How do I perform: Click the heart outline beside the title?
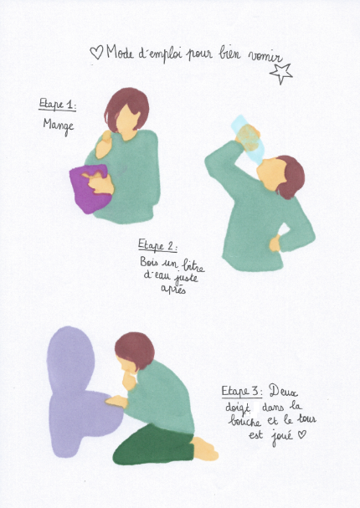(x=96, y=52)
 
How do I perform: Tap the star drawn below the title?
(x=281, y=74)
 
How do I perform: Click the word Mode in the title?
(x=120, y=52)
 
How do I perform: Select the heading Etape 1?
(x=58, y=105)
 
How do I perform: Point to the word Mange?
(x=59, y=126)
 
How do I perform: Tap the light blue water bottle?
(x=249, y=139)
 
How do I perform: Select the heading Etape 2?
(x=157, y=245)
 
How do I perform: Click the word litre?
(x=193, y=265)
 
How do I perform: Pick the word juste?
(x=186, y=278)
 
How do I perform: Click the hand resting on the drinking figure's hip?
(x=275, y=244)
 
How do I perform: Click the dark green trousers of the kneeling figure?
(x=153, y=445)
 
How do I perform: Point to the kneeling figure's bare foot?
(x=205, y=449)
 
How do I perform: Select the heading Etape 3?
(x=242, y=391)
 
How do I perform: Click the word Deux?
(x=283, y=391)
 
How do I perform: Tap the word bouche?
(x=244, y=421)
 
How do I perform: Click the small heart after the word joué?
(x=301, y=434)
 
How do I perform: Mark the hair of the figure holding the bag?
(x=126, y=108)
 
